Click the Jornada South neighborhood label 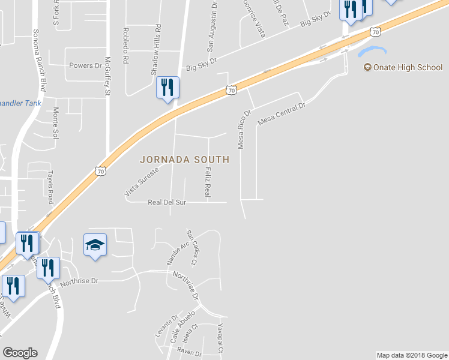point(184,160)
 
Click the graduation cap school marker point(95,245)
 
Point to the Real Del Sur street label point(167,203)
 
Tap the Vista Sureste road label point(141,182)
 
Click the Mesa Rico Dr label point(243,129)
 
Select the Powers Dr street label point(86,65)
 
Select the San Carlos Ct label point(191,248)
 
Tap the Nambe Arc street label point(173,254)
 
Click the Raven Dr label point(189,353)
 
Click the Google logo point(20,353)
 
